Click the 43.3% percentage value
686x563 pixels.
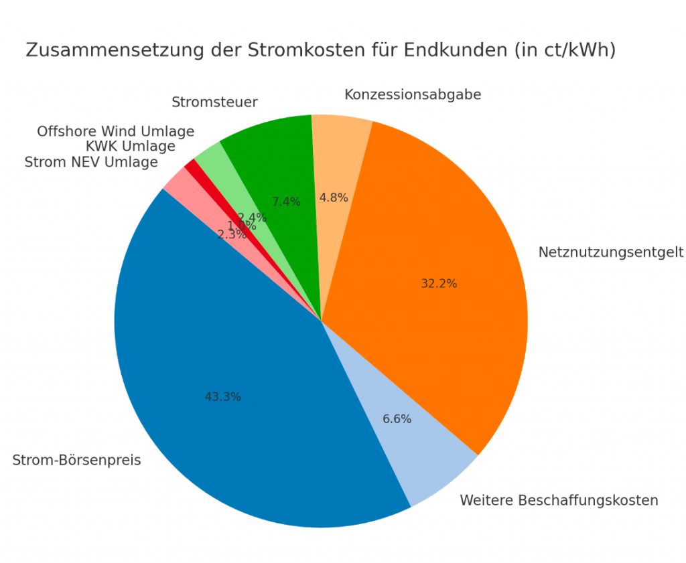pyautogui.click(x=222, y=397)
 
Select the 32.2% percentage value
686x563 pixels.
pyautogui.click(x=439, y=284)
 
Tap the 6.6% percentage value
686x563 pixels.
pyautogui.click(x=397, y=420)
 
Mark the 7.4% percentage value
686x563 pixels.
pyautogui.click(x=286, y=202)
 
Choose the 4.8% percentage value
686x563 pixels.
pyautogui.click(x=334, y=197)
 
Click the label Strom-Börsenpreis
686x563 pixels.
pyautogui.click(x=76, y=461)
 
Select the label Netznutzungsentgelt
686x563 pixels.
pyautogui.click(x=610, y=252)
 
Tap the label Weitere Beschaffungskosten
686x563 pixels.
pyautogui.click(x=559, y=501)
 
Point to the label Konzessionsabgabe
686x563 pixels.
pyautogui.click(x=413, y=95)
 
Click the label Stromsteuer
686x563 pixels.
pyautogui.click(x=214, y=102)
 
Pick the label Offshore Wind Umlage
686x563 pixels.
pyautogui.click(x=115, y=131)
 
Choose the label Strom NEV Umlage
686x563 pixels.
pyautogui.click(x=91, y=162)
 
